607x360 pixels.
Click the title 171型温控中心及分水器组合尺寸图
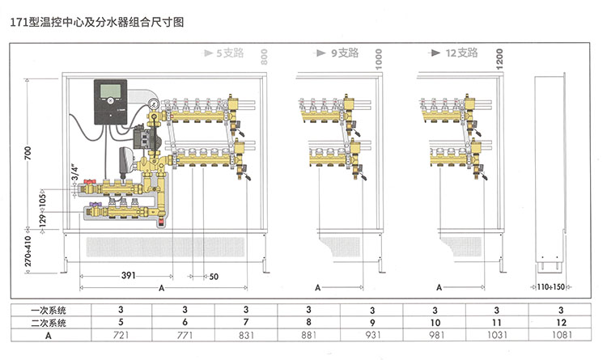click(x=97, y=23)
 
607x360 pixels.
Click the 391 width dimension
click(x=128, y=276)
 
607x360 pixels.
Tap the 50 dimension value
click(x=214, y=277)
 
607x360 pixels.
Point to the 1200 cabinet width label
click(x=499, y=57)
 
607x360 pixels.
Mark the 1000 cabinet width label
click(x=378, y=59)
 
